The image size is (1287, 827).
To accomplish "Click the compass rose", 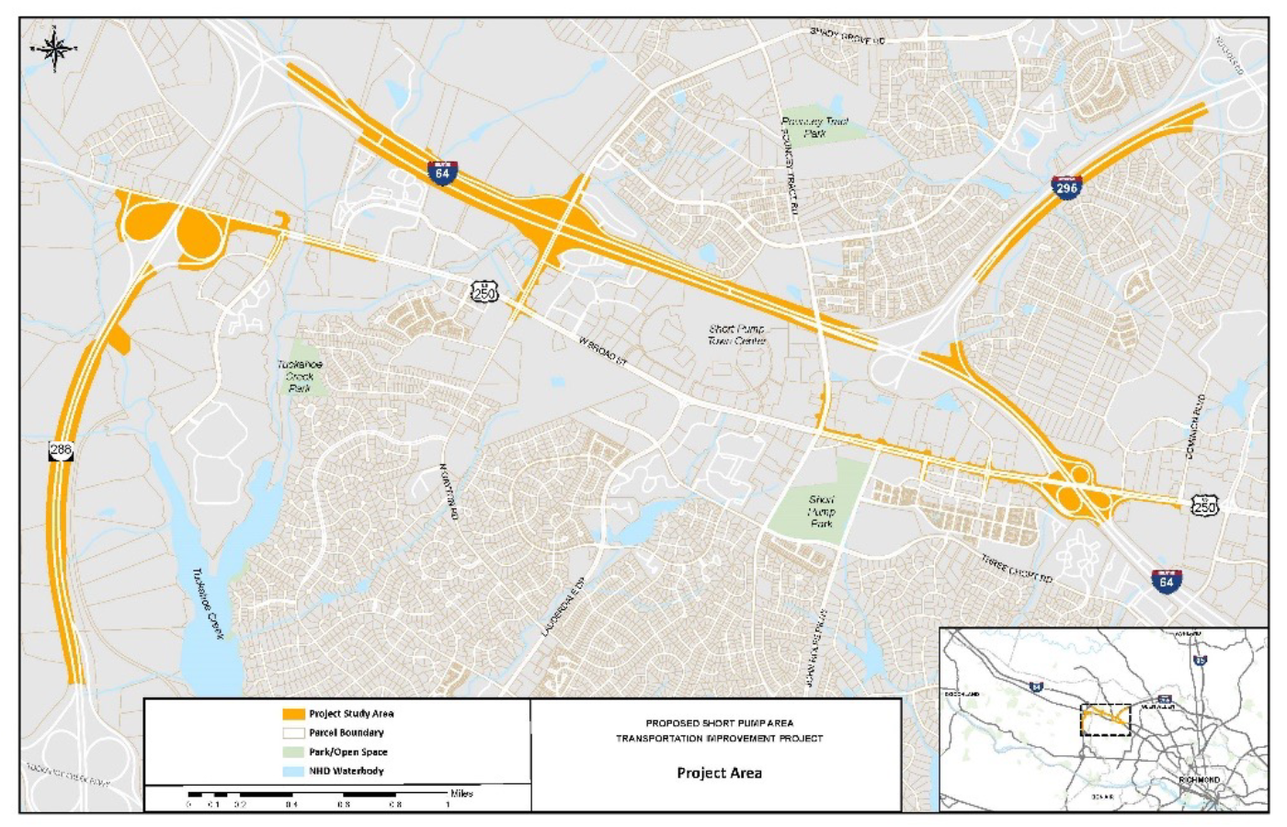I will point(54,49).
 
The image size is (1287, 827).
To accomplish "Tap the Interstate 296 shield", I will point(1066,187).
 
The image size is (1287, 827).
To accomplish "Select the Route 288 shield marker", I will point(61,450).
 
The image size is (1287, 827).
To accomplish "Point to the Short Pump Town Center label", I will point(736,334).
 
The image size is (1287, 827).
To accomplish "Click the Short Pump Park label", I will point(821,512).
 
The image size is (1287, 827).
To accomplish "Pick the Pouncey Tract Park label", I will point(814,127).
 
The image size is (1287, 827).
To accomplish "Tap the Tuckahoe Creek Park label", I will point(300,376).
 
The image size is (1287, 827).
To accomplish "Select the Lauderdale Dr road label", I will point(564,607).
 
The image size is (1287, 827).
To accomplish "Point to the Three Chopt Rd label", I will point(1015,569).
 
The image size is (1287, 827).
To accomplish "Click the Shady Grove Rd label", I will point(847,37).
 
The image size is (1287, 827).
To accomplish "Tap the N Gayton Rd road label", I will point(449,492).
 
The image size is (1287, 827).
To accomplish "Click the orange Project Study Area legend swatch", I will point(293,714).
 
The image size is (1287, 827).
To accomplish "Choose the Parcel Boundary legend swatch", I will point(293,733).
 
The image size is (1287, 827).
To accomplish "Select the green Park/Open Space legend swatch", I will point(293,753).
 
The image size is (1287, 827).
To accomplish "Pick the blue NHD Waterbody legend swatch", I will point(293,772).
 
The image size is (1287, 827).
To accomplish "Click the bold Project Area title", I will point(719,773).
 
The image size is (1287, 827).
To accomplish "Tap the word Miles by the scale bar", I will point(461,793).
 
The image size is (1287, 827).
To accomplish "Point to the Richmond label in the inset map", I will point(1199,780).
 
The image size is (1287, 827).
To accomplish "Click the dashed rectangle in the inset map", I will point(1105,719).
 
